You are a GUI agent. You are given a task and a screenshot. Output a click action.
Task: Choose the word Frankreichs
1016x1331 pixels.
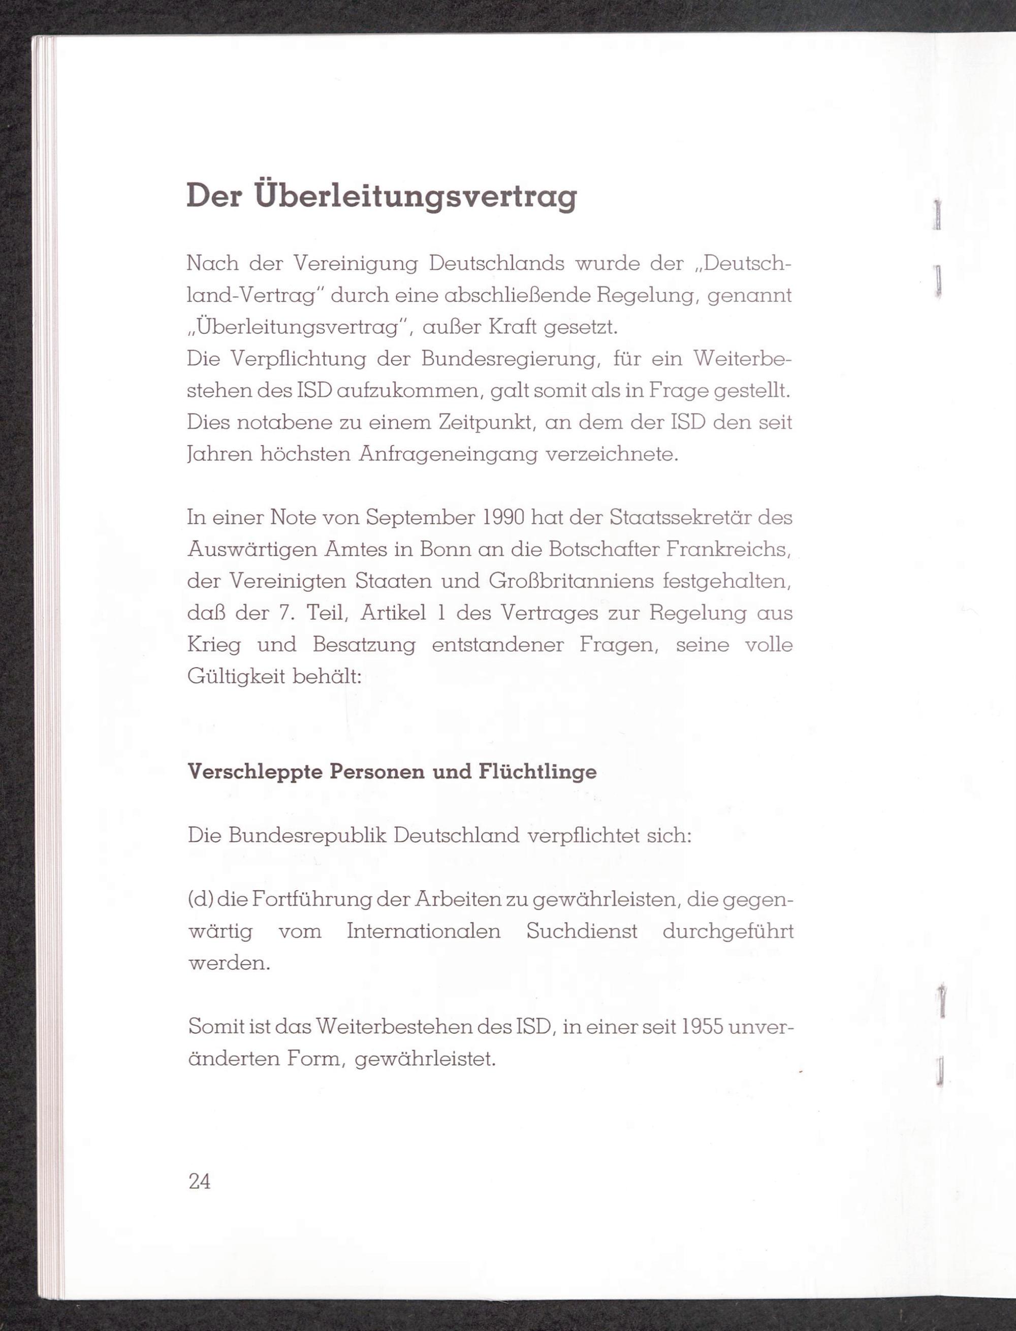click(729, 550)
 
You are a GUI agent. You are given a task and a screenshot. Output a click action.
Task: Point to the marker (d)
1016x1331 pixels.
click(200, 900)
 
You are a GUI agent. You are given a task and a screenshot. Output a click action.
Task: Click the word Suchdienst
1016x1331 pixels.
click(582, 931)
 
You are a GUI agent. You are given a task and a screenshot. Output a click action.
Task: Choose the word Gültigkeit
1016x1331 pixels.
click(236, 677)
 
